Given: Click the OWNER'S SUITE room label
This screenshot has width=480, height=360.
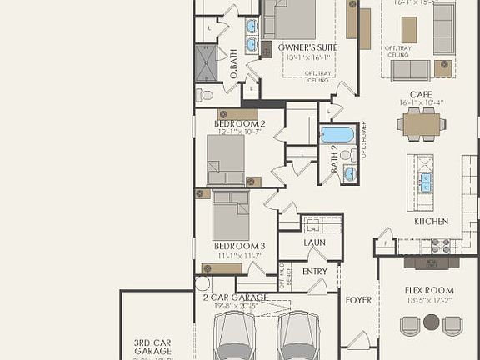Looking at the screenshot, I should point(307,47).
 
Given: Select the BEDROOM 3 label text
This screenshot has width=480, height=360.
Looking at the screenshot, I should point(239,246).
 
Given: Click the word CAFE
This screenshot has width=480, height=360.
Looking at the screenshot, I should point(420,94).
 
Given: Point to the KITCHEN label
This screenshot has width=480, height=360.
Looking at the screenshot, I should point(432,222).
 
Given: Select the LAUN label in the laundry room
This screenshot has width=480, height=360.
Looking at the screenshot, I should point(314,242).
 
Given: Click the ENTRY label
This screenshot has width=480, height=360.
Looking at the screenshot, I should point(315,272).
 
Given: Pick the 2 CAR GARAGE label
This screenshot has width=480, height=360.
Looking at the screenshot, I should point(235,297).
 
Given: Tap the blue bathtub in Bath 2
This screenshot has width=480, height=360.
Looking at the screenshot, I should point(337,134).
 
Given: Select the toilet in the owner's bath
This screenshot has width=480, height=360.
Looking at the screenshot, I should point(204,95).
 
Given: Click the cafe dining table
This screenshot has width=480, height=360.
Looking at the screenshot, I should point(421,123).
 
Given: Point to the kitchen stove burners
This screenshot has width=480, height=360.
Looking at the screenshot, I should point(439,245).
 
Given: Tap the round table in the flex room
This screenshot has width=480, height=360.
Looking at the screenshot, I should point(431,321).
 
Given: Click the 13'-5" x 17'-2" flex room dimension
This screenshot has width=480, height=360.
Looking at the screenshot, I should point(431,300).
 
